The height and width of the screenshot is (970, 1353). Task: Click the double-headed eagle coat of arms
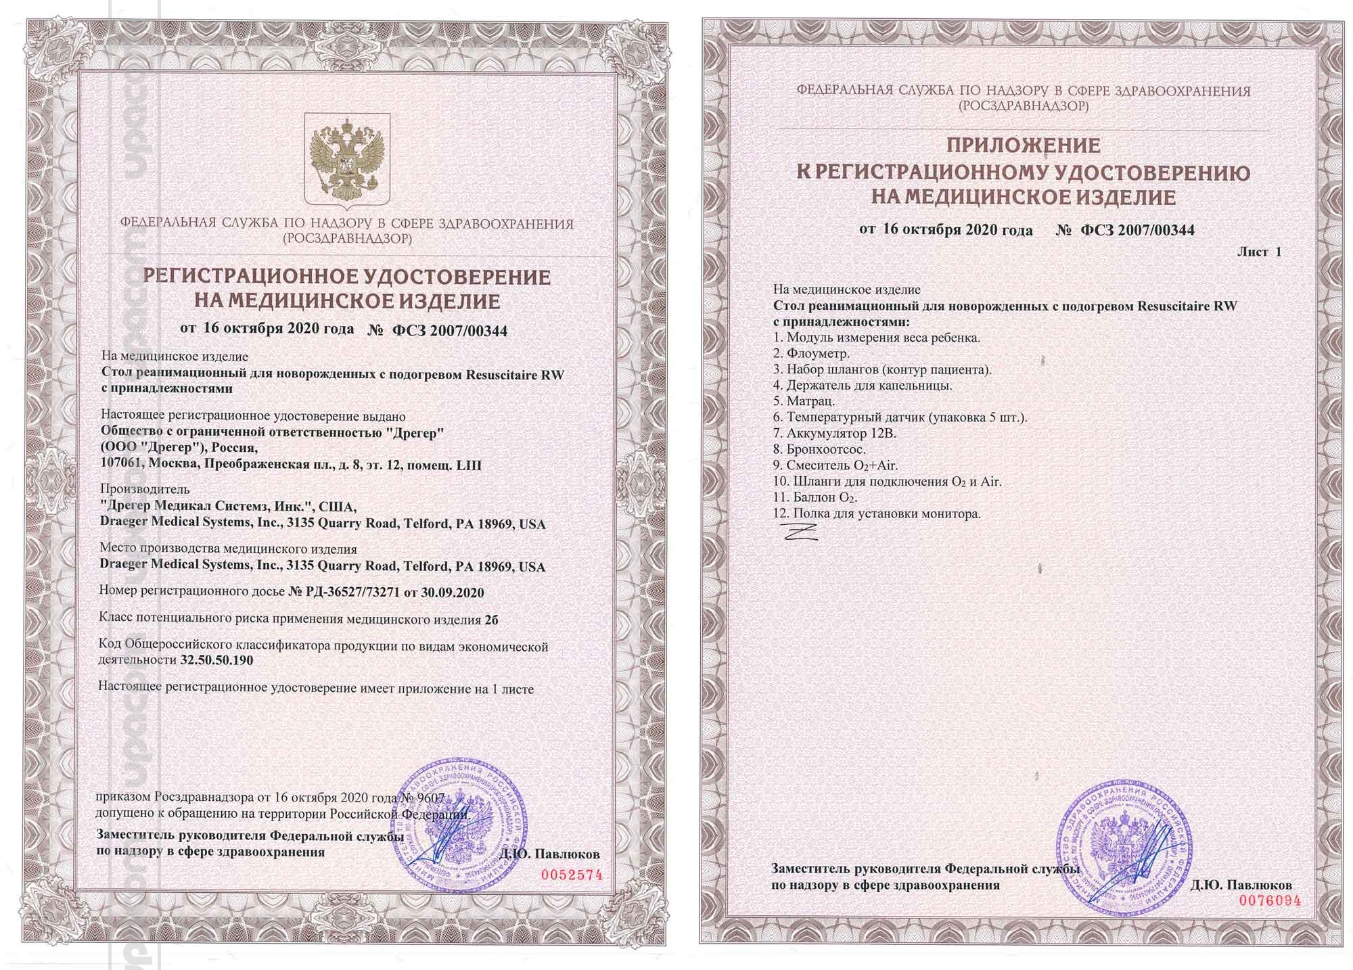pyautogui.click(x=347, y=158)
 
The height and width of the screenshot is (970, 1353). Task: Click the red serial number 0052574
pyautogui.click(x=571, y=875)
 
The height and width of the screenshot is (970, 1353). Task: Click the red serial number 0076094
pyautogui.click(x=1269, y=900)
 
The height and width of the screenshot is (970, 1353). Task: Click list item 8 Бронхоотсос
pyautogui.click(x=819, y=449)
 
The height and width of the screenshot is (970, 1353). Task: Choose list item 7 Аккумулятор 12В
pyautogui.click(x=834, y=433)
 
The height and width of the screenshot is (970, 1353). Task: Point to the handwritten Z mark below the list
pyautogui.click(x=801, y=532)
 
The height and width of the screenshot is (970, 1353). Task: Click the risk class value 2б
pyautogui.click(x=492, y=619)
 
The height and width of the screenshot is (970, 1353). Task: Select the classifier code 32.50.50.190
pyautogui.click(x=216, y=660)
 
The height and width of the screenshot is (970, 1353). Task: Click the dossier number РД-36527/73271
pyautogui.click(x=345, y=593)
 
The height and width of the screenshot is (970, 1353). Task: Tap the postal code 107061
pyautogui.click(x=122, y=465)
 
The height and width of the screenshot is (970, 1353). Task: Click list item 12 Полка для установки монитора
pyautogui.click(x=877, y=513)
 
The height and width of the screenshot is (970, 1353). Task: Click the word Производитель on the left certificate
pyautogui.click(x=145, y=489)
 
